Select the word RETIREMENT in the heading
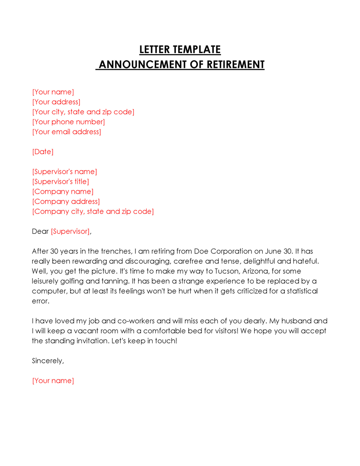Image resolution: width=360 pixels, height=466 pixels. pyautogui.click(x=235, y=64)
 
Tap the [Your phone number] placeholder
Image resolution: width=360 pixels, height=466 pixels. pyautogui.click(x=68, y=122)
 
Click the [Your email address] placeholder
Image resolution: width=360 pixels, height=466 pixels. pyautogui.click(x=67, y=132)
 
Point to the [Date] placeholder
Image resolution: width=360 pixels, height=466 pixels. pyautogui.click(x=43, y=152)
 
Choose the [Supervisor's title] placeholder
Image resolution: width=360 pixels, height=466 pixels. pyautogui.click(x=61, y=182)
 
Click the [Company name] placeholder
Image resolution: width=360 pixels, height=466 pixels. pyautogui.click(x=63, y=192)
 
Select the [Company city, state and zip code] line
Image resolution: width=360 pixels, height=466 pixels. pyautogui.click(x=93, y=212)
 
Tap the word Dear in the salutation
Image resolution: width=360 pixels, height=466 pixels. pyautogui.click(x=40, y=231)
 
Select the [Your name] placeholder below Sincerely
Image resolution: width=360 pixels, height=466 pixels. pyautogui.click(x=53, y=381)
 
